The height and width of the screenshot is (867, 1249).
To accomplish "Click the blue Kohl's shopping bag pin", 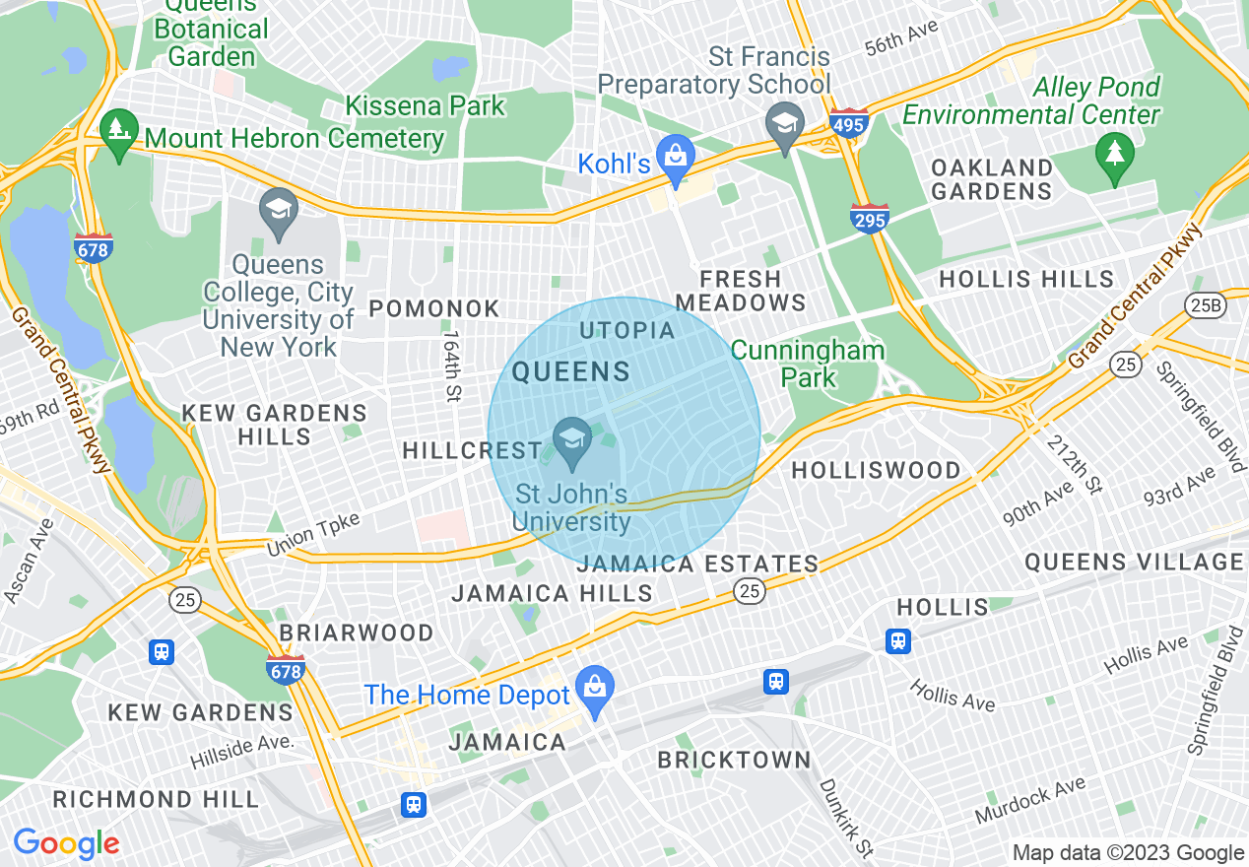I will [677, 158].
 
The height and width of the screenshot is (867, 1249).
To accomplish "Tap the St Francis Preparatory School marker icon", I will [785, 126].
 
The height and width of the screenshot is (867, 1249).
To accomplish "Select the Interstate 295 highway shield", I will [870, 219].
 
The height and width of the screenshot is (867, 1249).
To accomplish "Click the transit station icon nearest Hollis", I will [897, 641].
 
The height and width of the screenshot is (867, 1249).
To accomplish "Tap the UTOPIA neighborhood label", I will [627, 331].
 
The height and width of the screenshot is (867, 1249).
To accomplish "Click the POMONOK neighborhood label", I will [434, 309].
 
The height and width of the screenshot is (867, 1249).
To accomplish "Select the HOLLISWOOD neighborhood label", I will [877, 471].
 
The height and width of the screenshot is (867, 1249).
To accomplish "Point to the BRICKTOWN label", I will [734, 761].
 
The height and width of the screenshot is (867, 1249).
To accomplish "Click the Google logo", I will [66, 843].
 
